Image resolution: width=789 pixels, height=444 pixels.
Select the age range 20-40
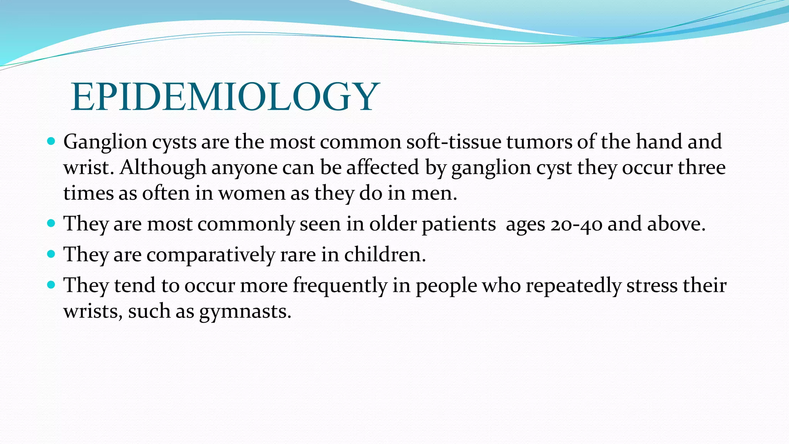[x=576, y=224]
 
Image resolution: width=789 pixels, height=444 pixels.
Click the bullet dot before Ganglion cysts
[x=51, y=141]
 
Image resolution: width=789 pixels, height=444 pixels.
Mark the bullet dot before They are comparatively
[x=51, y=254]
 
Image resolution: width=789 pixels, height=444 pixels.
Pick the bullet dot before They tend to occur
[x=51, y=285]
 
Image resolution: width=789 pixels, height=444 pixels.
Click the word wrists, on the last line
[x=93, y=311]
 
